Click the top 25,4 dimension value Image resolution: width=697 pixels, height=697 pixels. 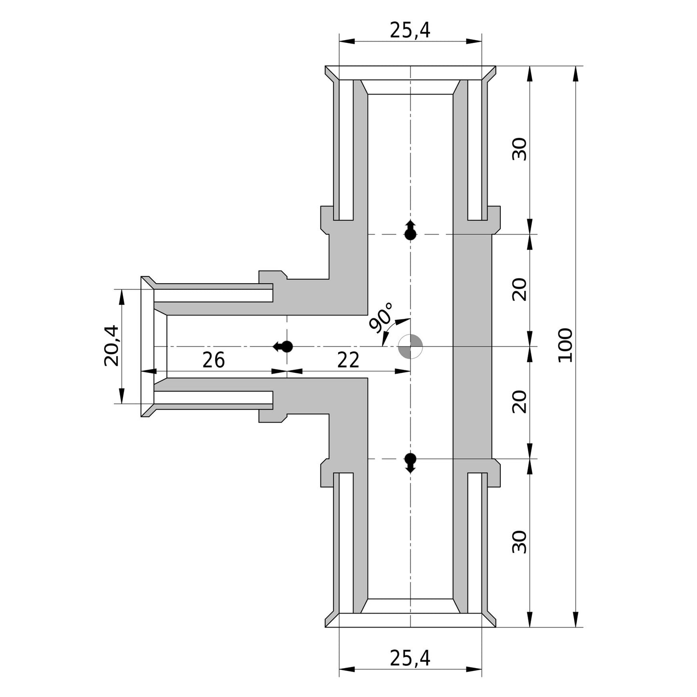pyautogui.click(x=410, y=30)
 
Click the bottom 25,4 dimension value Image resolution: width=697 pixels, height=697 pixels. pyautogui.click(x=410, y=658)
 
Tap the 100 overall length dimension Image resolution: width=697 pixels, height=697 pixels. pyautogui.click(x=565, y=345)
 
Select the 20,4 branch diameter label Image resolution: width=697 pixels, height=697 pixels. pyautogui.click(x=111, y=346)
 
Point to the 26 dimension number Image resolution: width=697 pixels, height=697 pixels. pyautogui.click(x=213, y=360)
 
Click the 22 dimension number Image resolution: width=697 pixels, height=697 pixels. pyautogui.click(x=348, y=360)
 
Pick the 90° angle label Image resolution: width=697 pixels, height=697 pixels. pyautogui.click(x=381, y=317)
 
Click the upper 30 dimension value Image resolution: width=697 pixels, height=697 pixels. pyautogui.click(x=520, y=149)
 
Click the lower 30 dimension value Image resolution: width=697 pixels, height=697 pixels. pyautogui.click(x=520, y=542)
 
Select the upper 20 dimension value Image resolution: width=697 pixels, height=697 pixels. pyautogui.click(x=520, y=290)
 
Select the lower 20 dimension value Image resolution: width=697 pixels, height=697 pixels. pyautogui.click(x=520, y=402)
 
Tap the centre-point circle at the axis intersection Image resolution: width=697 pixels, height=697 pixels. pyautogui.click(x=410, y=346)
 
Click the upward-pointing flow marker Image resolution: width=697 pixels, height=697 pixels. pyautogui.click(x=410, y=230)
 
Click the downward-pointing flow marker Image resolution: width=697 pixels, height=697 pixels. pyautogui.click(x=410, y=464)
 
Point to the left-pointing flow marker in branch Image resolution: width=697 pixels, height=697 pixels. pyautogui.click(x=283, y=346)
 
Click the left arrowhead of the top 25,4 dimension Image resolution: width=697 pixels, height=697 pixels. pyautogui.click(x=347, y=41)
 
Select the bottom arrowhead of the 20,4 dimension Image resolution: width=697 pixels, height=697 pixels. pyautogui.click(x=122, y=396)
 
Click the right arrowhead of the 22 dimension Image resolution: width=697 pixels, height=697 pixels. pyautogui.click(x=403, y=371)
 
